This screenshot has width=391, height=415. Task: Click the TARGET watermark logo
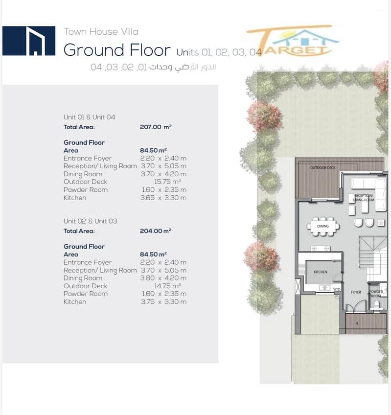293,41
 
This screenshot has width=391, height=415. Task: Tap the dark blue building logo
29,41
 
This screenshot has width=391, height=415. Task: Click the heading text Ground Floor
117,50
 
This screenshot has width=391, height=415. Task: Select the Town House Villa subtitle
101,32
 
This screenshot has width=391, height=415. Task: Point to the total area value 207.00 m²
156,127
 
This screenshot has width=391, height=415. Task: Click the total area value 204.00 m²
156,231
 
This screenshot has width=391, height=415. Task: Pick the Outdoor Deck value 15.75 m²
167,182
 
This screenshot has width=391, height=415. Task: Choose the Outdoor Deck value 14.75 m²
167,286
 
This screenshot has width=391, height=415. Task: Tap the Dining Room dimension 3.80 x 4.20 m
163,278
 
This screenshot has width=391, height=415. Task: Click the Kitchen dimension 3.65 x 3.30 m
163,198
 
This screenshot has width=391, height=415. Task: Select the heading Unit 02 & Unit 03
90,221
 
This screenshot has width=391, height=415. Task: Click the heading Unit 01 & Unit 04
89,117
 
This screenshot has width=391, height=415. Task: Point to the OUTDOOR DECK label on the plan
322,167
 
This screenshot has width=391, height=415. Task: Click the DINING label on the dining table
322,226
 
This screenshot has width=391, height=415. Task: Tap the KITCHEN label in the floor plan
321,272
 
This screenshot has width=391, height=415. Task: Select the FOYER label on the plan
356,292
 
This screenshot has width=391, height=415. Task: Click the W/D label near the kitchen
337,289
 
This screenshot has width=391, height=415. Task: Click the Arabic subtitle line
153,67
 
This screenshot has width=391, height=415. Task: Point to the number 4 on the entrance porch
357,323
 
